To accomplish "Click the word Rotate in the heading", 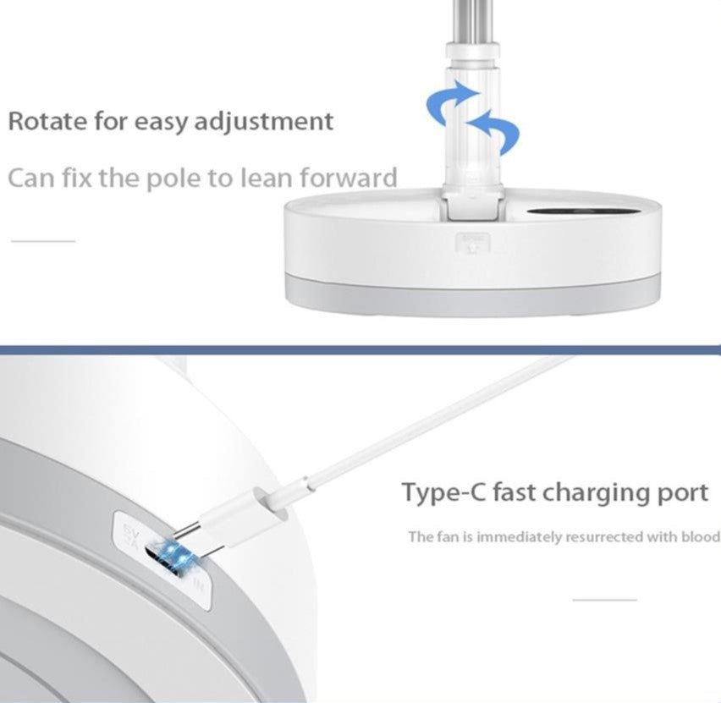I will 47,121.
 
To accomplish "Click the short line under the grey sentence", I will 43,241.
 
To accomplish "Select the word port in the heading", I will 681,493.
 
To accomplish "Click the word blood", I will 702,536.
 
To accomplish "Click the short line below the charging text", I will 604,600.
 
